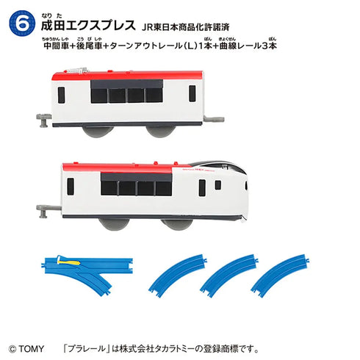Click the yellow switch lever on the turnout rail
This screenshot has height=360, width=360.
[71, 261]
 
